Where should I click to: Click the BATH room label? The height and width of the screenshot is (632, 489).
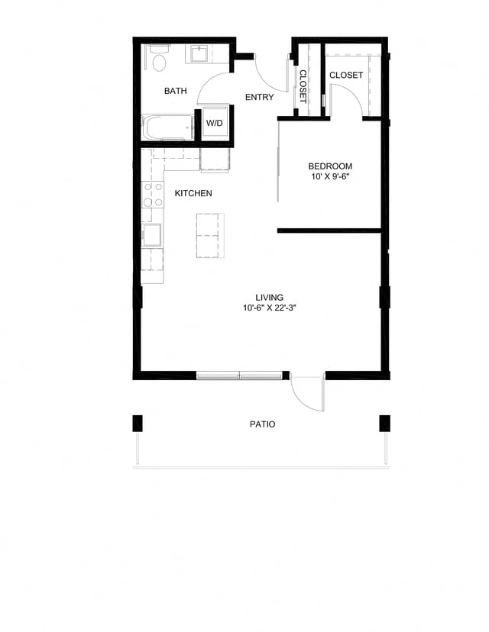(176, 92)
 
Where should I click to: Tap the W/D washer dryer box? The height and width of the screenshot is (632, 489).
(213, 124)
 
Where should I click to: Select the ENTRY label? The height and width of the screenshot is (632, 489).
(259, 98)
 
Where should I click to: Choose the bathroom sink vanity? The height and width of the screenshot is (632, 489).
(200, 53)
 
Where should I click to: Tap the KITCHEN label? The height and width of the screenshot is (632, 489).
(193, 194)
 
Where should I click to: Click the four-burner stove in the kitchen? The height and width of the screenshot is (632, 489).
(153, 195)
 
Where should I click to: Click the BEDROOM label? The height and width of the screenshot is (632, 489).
(330, 166)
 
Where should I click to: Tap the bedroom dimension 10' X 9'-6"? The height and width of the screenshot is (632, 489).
(330, 178)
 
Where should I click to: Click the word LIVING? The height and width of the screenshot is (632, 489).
(270, 298)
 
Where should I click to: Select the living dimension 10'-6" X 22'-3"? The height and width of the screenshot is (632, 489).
(270, 308)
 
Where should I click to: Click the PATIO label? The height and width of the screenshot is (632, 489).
(262, 424)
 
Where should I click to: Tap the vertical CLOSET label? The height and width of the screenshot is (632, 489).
(303, 85)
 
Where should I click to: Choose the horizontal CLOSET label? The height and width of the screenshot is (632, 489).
(346, 76)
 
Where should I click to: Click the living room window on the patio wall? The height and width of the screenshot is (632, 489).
(240, 375)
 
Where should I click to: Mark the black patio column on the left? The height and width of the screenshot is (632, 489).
(138, 423)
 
